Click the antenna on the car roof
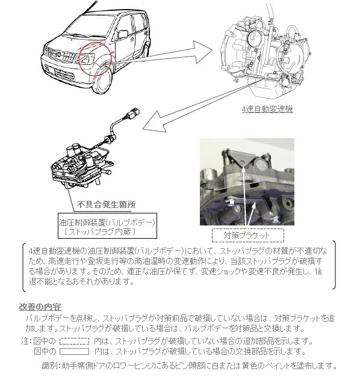pos(90,8)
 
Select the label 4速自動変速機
pos(267,109)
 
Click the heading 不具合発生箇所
pos(106,205)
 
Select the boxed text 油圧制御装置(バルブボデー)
pos(107,222)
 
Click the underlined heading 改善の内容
pos(40,307)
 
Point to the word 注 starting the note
pos(25,342)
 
